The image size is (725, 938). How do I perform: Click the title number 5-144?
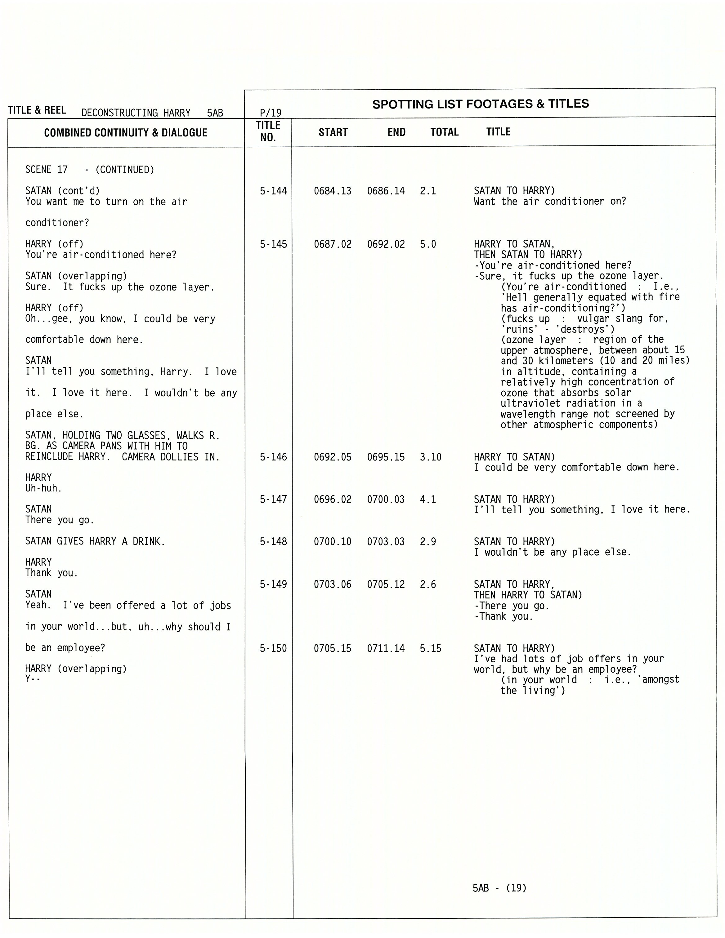273,191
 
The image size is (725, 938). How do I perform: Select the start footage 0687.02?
332,244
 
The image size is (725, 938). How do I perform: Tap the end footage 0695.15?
386,457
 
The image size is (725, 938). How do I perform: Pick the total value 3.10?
430,457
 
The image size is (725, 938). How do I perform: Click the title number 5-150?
273,648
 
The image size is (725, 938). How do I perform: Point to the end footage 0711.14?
386,648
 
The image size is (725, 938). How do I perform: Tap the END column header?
396,132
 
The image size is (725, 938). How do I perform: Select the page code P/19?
270,113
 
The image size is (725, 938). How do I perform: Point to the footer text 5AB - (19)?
499,888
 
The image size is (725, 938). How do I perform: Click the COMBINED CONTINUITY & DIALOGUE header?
126,133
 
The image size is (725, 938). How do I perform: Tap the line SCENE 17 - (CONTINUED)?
89,170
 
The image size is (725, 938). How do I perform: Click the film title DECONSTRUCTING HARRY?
136,113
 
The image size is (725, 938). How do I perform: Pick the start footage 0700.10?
332,542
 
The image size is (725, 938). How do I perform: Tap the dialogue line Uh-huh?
43,488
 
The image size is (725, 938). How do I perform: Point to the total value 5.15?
430,648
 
